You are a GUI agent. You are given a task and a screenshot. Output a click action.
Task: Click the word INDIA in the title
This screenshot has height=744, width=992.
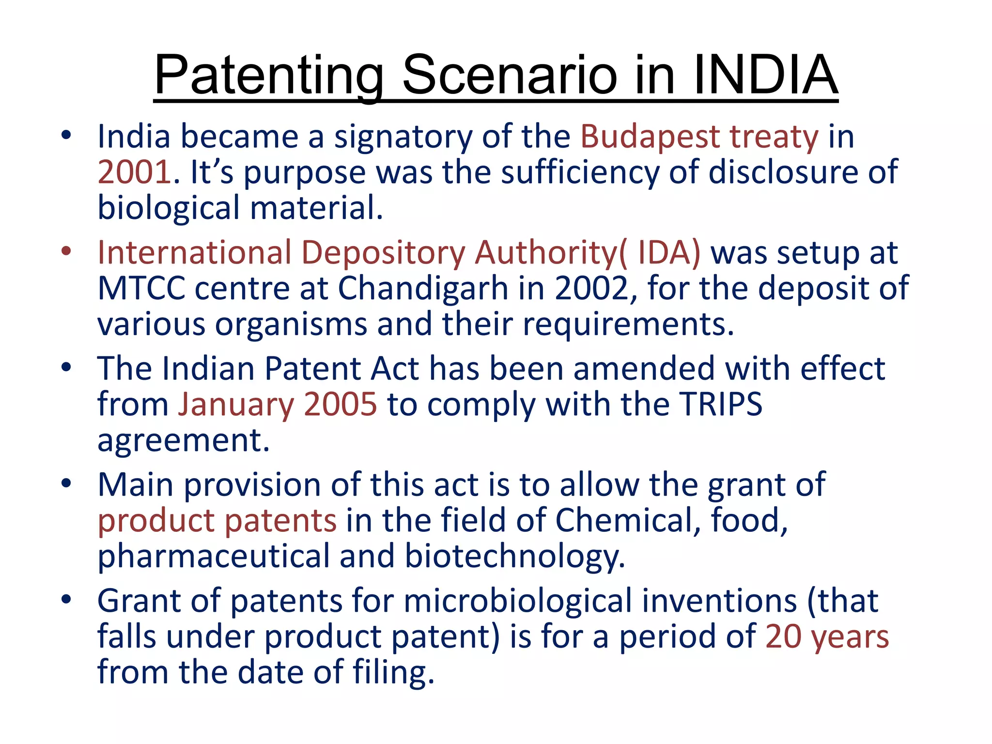[765, 75]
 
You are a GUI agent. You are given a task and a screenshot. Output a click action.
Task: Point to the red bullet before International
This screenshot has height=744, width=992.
[66, 252]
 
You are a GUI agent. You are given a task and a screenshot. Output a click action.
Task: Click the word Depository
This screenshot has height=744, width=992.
[383, 253]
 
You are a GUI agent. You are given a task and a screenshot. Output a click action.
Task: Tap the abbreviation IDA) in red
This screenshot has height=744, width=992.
[669, 253]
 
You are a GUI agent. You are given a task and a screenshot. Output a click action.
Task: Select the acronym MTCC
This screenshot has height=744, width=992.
[141, 289]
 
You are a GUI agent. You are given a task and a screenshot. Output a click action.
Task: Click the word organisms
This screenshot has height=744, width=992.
[291, 324]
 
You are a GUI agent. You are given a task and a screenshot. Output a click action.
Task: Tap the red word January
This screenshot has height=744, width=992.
[235, 405]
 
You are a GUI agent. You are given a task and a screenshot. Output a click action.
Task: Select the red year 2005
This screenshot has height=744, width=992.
[340, 405]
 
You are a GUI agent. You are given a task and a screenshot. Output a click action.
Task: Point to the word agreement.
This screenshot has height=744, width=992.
[183, 440]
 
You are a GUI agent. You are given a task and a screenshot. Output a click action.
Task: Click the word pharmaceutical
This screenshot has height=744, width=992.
[213, 556]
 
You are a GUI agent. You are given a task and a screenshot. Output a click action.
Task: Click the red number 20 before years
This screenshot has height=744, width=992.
[783, 636]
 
